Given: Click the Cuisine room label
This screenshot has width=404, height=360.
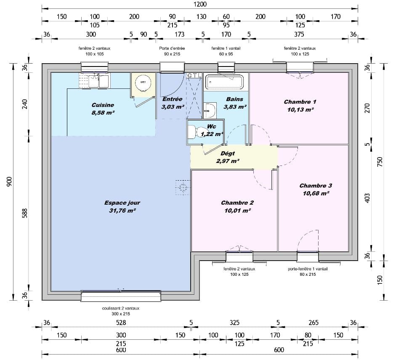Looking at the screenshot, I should click(x=103, y=105).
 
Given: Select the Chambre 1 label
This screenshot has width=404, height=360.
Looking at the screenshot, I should click(x=300, y=102).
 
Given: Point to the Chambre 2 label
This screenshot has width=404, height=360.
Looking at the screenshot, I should click(x=237, y=203).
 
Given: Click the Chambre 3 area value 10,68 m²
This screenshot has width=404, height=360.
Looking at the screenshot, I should click(x=316, y=193).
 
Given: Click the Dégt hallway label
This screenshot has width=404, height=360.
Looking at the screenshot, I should click(x=228, y=154).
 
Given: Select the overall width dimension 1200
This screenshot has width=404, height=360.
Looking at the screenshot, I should click(x=199, y=4).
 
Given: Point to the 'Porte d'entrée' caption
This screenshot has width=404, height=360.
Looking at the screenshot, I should click(x=172, y=48).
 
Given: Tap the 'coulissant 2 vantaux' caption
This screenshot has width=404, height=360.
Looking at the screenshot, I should click(x=120, y=308).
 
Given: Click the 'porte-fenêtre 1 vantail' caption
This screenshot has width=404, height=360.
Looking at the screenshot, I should click(x=308, y=269).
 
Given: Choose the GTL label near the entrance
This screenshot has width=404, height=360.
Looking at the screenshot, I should click(x=194, y=75).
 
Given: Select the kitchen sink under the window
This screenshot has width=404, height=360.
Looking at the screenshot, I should click(x=98, y=81).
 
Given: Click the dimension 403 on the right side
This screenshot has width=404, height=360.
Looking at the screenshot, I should click(x=367, y=197).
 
